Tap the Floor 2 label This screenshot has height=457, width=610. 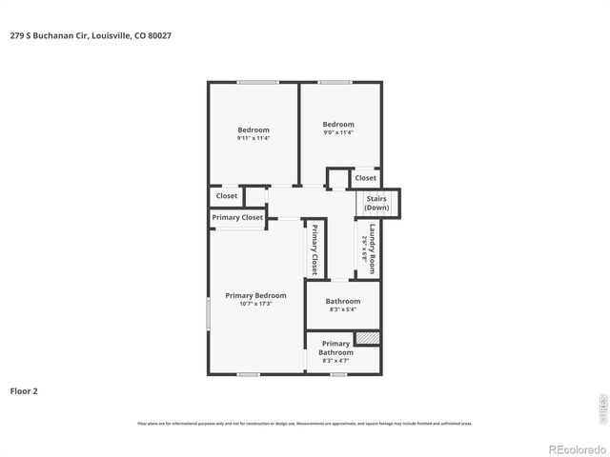click(24, 390)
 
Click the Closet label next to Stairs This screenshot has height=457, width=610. click(366, 178)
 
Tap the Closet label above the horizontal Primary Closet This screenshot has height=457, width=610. click(227, 196)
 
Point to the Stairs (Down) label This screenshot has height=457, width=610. click(376, 203)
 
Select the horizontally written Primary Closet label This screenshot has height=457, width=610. click(237, 218)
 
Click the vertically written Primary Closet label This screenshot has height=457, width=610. click(314, 249)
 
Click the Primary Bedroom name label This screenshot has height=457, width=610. click(255, 296)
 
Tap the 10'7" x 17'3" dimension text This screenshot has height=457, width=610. click(255, 304)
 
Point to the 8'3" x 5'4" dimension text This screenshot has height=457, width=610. click(342, 309)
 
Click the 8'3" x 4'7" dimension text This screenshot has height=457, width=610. click(335, 361)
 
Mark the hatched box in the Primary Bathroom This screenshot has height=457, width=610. click(367, 338)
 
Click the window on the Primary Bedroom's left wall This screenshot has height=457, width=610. click(209, 313)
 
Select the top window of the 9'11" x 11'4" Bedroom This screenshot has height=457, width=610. click(257, 83)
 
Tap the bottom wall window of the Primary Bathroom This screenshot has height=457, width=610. click(338, 374)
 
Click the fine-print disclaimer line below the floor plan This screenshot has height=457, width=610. click(305, 423)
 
